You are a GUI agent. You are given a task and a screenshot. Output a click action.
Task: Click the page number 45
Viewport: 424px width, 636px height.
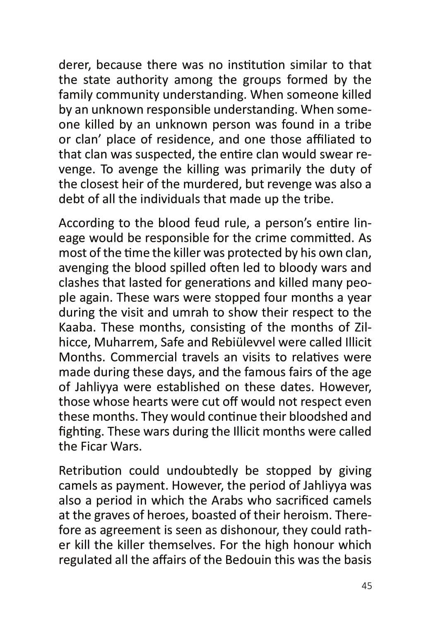pyautogui.click(x=366, y=586)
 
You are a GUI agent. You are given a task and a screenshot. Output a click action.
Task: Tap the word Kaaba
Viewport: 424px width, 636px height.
pyautogui.click(x=77, y=328)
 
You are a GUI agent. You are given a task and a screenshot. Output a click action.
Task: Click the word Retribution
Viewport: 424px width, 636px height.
pyautogui.click(x=90, y=471)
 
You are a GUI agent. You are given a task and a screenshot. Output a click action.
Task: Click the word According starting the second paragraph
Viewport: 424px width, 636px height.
pyautogui.click(x=86, y=223)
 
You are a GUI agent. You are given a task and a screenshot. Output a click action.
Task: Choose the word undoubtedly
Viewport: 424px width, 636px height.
pyautogui.click(x=203, y=471)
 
